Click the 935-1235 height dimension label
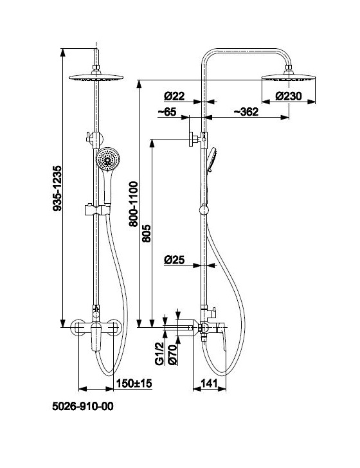(57, 188)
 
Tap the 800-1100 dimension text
(134, 204)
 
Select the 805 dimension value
(147, 233)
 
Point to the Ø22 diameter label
(174, 96)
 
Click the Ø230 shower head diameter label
(289, 96)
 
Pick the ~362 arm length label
(246, 112)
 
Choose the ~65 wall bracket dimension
(167, 112)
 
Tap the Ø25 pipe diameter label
(174, 260)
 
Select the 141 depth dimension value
(210, 383)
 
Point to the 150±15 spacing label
(134, 383)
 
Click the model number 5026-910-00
(83, 406)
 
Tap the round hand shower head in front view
(108, 159)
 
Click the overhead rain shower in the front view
(96, 77)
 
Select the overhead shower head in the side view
(289, 77)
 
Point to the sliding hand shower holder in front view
(97, 210)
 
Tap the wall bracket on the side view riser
(197, 139)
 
